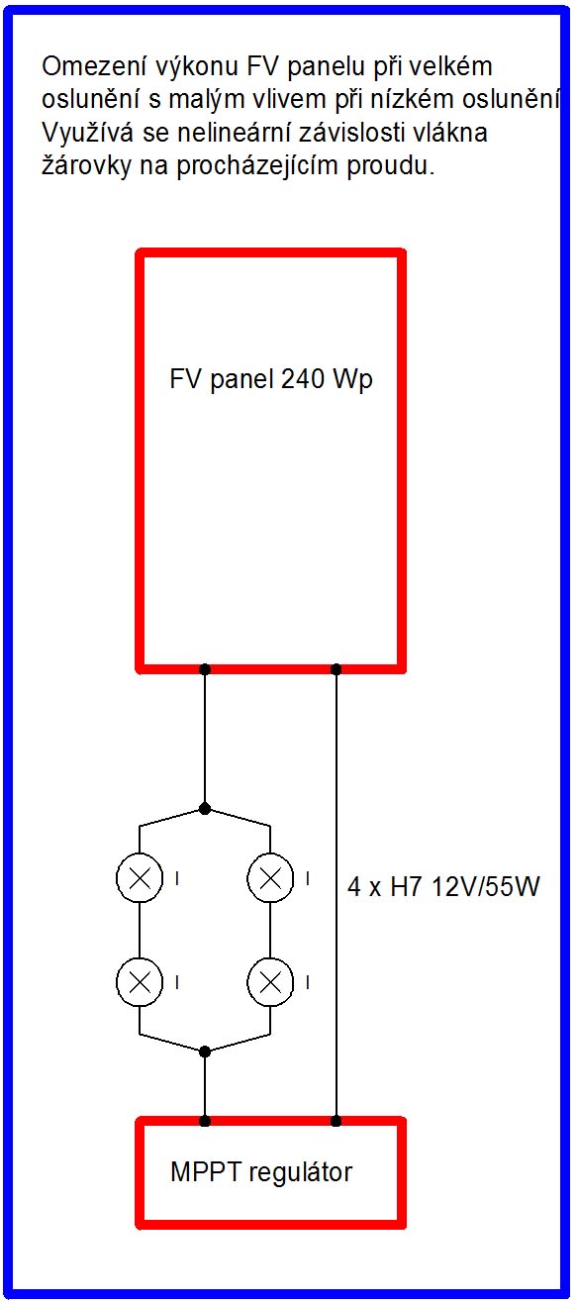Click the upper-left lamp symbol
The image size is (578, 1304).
click(140, 878)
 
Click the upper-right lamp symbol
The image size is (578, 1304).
click(270, 878)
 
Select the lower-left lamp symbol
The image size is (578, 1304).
click(140, 982)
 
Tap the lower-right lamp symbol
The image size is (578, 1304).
click(270, 982)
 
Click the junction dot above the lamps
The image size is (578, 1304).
click(204, 808)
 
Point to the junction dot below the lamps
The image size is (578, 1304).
click(204, 1052)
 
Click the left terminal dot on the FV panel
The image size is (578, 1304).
click(204, 669)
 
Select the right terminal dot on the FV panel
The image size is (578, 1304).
click(336, 669)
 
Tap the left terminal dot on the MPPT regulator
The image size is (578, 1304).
click(204, 1121)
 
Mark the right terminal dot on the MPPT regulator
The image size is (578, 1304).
click(336, 1121)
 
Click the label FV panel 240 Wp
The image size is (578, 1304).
click(270, 380)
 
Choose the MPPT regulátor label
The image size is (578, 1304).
click(261, 1172)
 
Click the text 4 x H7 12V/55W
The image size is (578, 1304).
click(443, 887)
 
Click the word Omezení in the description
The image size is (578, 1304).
click(92, 67)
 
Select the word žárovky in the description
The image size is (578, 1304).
click(86, 166)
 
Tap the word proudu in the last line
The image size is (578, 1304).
click(391, 166)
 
